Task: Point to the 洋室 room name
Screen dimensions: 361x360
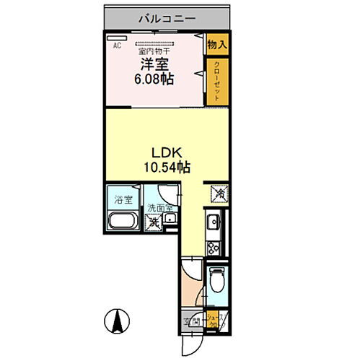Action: (x=154, y=64)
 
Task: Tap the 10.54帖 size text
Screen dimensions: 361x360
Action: (x=170, y=168)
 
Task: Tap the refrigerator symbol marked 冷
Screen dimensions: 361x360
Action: (x=217, y=193)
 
